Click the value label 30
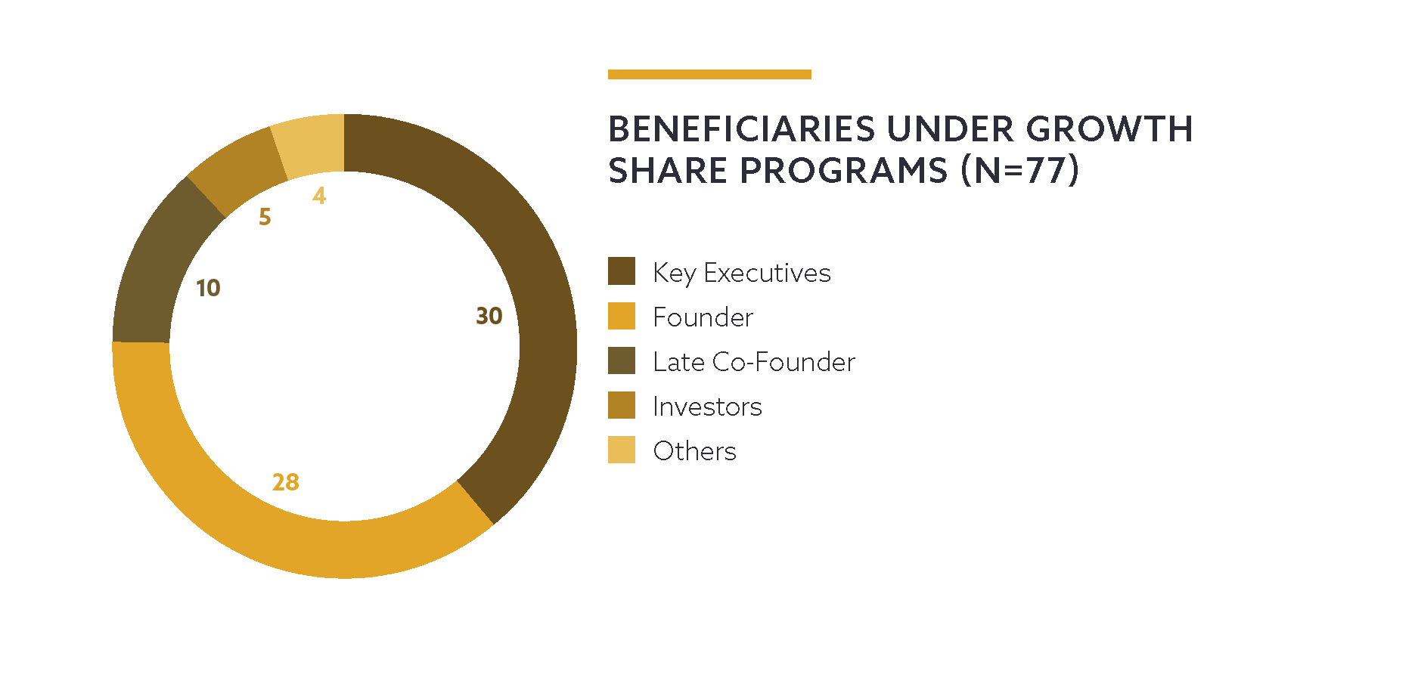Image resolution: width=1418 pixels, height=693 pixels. (x=489, y=316)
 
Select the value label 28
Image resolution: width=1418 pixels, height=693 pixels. (x=286, y=482)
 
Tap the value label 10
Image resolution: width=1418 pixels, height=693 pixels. (x=208, y=288)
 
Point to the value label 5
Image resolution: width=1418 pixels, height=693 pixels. (x=265, y=217)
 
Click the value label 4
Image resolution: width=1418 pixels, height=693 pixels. (x=319, y=196)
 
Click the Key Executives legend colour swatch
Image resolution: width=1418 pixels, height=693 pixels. (x=622, y=271)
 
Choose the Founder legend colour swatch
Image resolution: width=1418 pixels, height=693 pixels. (x=622, y=316)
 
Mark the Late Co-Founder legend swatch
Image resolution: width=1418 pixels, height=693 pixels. (x=622, y=360)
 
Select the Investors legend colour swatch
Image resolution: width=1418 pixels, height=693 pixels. (x=622, y=405)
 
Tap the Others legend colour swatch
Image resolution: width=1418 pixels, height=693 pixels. (x=622, y=450)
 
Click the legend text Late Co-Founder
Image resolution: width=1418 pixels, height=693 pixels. (x=754, y=362)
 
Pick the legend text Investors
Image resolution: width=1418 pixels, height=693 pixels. (x=707, y=407)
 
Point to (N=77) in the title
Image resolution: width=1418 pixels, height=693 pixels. (x=1019, y=171)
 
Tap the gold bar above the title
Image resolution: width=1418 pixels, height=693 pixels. (x=709, y=74)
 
